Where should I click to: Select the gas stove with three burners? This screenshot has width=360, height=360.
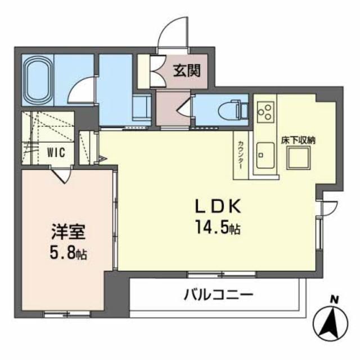point(265,110)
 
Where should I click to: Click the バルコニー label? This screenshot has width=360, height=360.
point(219,294)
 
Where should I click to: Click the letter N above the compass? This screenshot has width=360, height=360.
point(334,300)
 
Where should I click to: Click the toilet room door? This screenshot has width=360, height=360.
point(185,106)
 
